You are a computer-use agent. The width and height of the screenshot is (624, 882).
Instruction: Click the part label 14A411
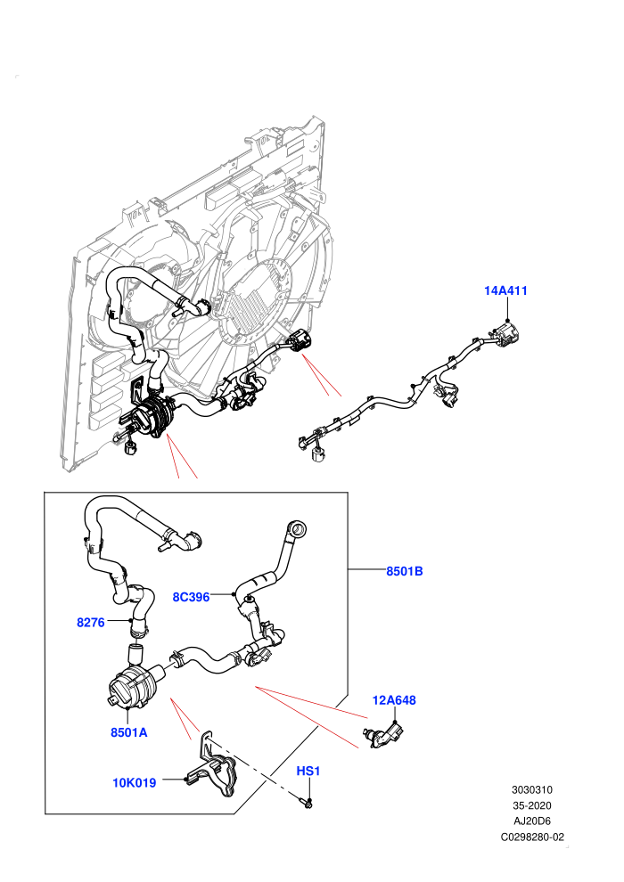point(505,290)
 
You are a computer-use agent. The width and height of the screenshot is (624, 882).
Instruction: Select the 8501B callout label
point(404,571)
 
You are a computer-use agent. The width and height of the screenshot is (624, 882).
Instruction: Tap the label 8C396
point(191,597)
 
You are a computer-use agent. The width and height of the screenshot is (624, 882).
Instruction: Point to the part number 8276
point(91,622)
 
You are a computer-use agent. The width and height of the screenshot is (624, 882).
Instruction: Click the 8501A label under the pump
point(129,732)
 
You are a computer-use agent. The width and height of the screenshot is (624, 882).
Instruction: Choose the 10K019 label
point(134,782)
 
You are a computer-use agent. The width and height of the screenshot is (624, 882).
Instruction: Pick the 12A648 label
point(394,700)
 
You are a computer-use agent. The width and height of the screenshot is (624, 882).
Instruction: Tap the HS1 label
point(308,771)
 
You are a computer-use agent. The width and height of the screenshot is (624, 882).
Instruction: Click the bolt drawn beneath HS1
point(307,803)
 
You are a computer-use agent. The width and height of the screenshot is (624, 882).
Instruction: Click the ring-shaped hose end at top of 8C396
point(297,528)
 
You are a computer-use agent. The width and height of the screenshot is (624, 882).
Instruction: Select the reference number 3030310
point(531,789)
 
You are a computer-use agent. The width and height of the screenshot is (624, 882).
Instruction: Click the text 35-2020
point(531,805)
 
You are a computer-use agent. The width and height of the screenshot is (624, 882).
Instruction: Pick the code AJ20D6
point(531,821)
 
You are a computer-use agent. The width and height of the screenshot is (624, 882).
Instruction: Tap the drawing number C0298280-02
point(531,837)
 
